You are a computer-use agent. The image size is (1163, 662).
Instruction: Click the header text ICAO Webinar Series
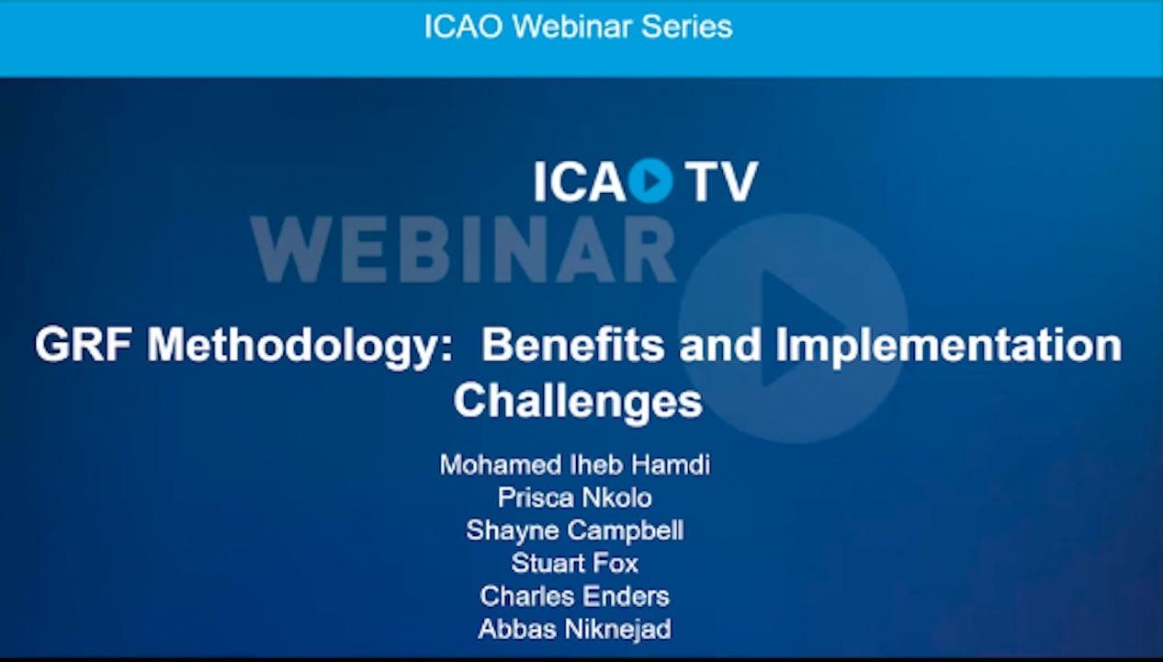click(x=578, y=27)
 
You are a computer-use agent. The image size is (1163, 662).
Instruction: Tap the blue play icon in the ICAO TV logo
click(x=650, y=180)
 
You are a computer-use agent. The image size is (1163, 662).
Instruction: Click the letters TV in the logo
click(x=721, y=181)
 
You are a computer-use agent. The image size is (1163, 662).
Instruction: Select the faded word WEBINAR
click(x=463, y=250)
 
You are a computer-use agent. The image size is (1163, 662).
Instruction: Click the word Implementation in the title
click(x=948, y=347)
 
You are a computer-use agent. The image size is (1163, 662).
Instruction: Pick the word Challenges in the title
click(x=578, y=400)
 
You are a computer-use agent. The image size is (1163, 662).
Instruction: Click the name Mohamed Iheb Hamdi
click(x=575, y=465)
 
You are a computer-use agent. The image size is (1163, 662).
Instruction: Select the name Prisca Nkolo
click(x=575, y=497)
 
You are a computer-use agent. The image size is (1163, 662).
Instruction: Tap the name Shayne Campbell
click(x=575, y=531)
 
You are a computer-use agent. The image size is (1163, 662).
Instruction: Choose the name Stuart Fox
click(x=575, y=563)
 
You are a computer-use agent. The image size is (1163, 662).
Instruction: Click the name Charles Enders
click(x=575, y=596)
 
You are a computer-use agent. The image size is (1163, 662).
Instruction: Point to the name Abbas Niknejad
click(x=575, y=629)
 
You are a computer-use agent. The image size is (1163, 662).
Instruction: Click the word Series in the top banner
click(x=687, y=27)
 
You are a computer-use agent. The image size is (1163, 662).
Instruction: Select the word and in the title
click(x=721, y=347)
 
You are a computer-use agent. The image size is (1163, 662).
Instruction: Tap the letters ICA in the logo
click(x=579, y=181)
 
